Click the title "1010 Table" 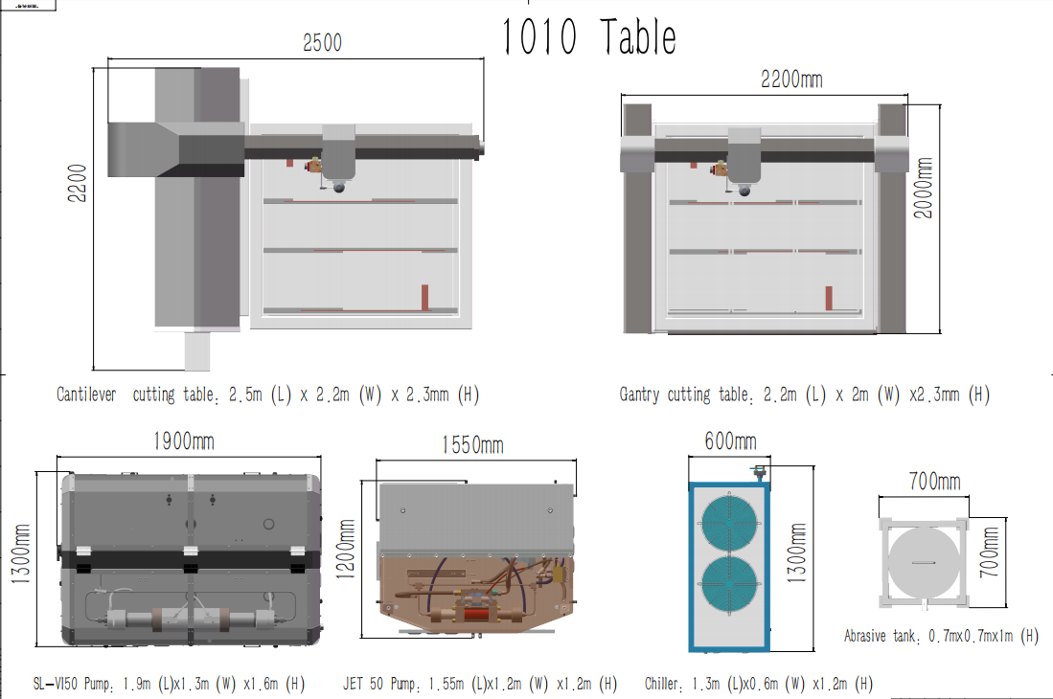tap(589, 37)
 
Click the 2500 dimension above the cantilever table tap(322, 43)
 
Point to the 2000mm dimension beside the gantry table tap(925, 188)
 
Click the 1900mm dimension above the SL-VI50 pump tap(184, 441)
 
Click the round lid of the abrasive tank tap(923, 563)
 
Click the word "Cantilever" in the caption tap(87, 395)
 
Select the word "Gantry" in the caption tap(640, 395)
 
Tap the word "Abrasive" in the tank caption tap(871, 636)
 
